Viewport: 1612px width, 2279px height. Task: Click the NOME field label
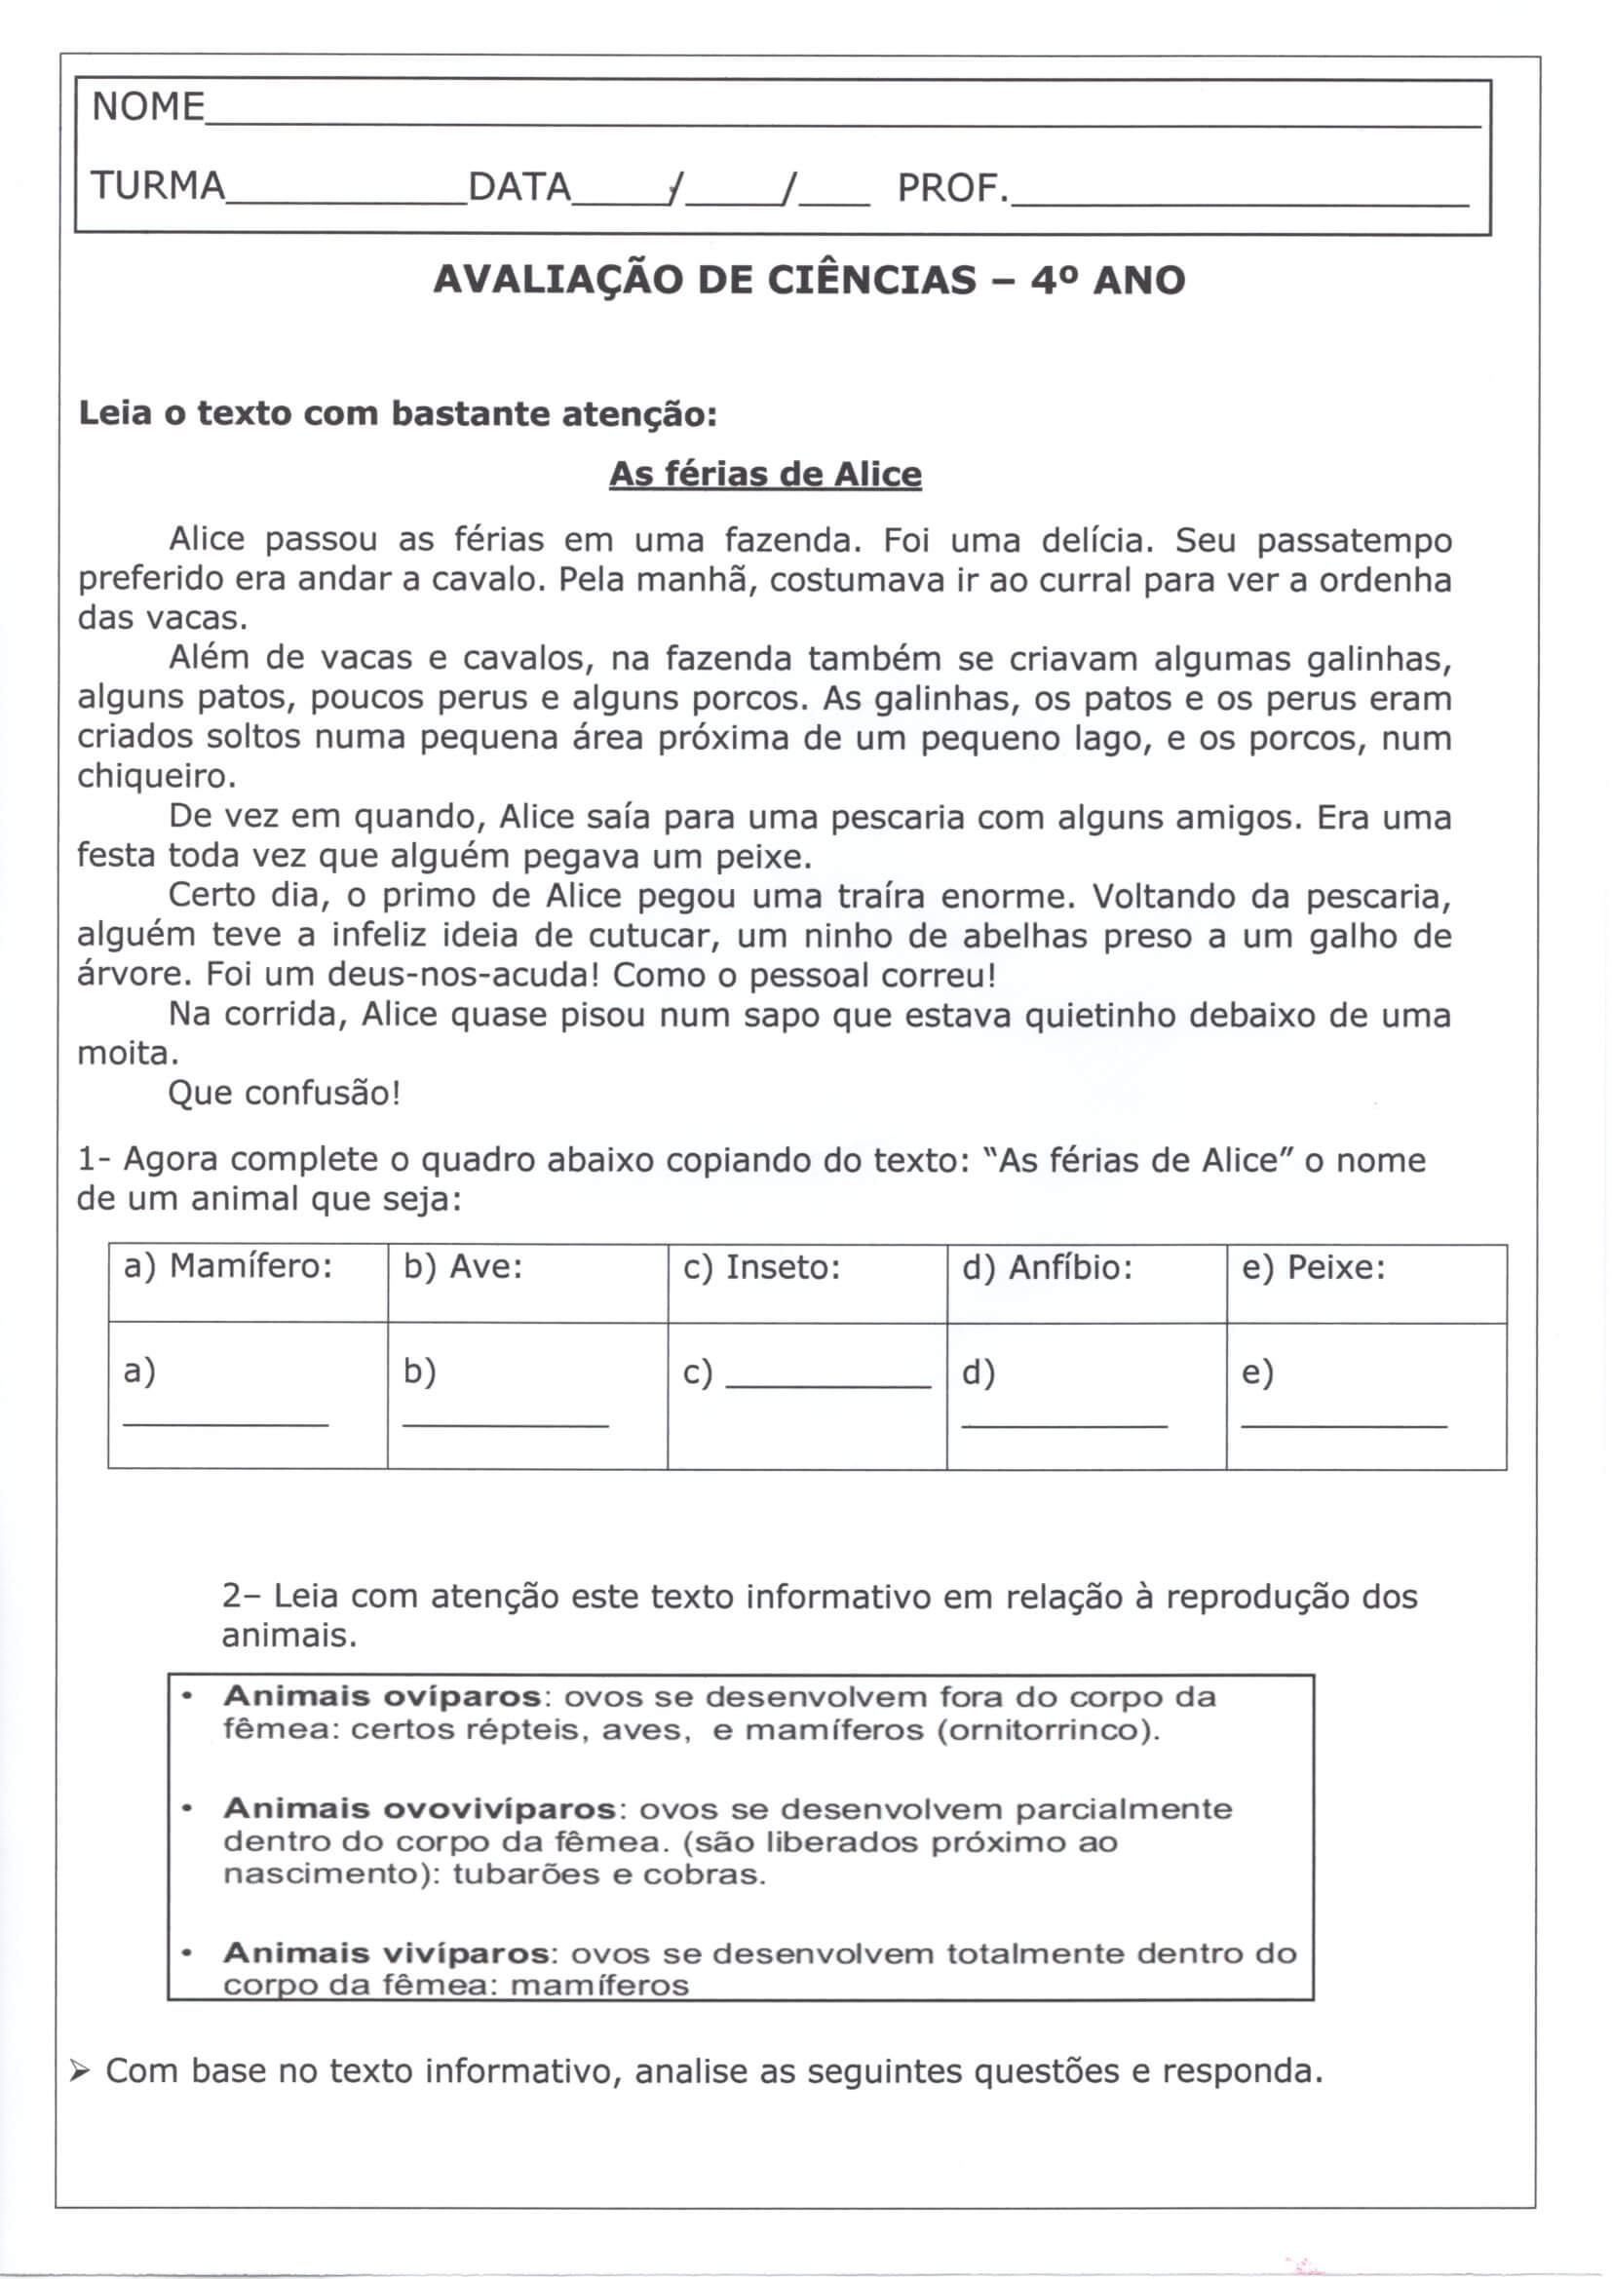pyautogui.click(x=148, y=106)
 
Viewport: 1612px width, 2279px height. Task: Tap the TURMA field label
pyautogui.click(x=158, y=185)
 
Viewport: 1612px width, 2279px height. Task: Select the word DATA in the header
pyautogui.click(x=519, y=186)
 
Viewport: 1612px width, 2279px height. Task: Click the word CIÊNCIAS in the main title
pyautogui.click(x=872, y=280)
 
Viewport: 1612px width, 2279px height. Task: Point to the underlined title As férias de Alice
pyautogui.click(x=764, y=475)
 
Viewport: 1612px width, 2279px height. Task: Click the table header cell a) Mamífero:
pyautogui.click(x=227, y=1266)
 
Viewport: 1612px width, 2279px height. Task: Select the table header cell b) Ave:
pyautogui.click(x=463, y=1267)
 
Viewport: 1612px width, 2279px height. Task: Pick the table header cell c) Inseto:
pyautogui.click(x=761, y=1267)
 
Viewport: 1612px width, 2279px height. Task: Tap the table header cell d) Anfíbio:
pyautogui.click(x=1047, y=1267)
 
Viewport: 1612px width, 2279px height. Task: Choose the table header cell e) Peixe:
pyautogui.click(x=1313, y=1267)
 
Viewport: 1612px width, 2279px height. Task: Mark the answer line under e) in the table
pyautogui.click(x=1344, y=1425)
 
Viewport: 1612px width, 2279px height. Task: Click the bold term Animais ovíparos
pyautogui.click(x=382, y=1696)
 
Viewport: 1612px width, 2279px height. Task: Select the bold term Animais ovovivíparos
pyautogui.click(x=418, y=1808)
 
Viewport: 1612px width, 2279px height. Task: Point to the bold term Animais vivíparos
pyautogui.click(x=386, y=1952)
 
